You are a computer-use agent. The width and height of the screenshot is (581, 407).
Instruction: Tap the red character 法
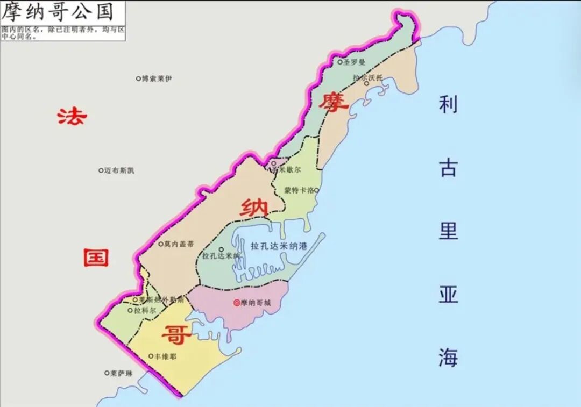pyautogui.click(x=72, y=116)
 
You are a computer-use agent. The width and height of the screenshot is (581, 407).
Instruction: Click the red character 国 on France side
pyautogui.click(x=96, y=258)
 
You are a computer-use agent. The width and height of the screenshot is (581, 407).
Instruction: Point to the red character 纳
pyautogui.click(x=254, y=207)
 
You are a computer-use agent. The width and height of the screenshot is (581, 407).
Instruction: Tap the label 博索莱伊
pyautogui.click(x=157, y=78)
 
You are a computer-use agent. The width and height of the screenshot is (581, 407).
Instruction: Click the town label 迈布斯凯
pyautogui.click(x=119, y=170)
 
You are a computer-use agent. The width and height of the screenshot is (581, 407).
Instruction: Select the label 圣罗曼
pyautogui.click(x=355, y=62)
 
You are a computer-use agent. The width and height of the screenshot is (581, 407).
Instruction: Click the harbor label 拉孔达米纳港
pyautogui.click(x=279, y=246)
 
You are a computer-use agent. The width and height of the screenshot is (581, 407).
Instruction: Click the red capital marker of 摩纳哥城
pyautogui.click(x=236, y=303)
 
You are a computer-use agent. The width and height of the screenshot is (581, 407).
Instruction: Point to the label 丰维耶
pyautogui.click(x=165, y=356)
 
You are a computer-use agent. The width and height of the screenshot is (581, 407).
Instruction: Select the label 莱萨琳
pyautogui.click(x=121, y=373)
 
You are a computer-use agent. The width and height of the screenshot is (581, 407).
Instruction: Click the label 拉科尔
pyautogui.click(x=145, y=311)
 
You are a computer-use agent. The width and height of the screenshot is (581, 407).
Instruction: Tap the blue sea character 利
pyautogui.click(x=448, y=104)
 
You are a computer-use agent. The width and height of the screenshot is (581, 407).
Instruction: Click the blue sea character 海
pyautogui.click(x=448, y=358)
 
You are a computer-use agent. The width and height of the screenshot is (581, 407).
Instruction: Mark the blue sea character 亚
pyautogui.click(x=448, y=294)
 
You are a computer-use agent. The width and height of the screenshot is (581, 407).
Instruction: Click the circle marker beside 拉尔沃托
pyautogui.click(x=366, y=83)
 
